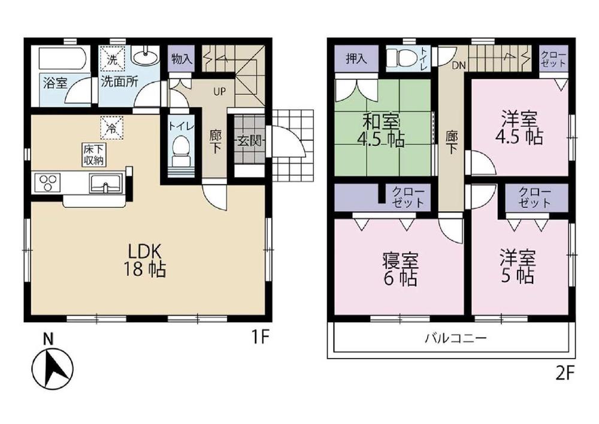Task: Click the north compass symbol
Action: (52, 366)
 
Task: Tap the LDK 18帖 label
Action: (144, 260)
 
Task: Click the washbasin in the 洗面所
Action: (144, 58)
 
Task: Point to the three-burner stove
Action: (48, 182)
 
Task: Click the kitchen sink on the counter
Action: (106, 182)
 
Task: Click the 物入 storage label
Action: (181, 59)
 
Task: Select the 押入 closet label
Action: (356, 58)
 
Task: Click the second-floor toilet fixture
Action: (398, 59)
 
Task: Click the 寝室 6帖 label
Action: (400, 269)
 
